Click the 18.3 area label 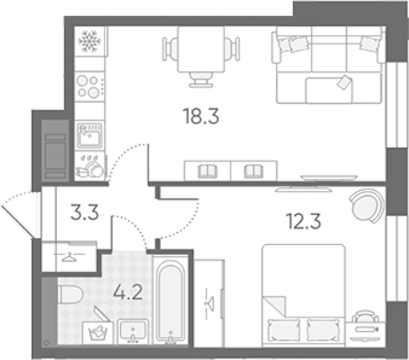tap(201, 116)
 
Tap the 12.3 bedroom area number tap(303, 221)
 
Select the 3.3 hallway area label tap(85, 212)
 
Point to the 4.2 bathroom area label tap(128, 292)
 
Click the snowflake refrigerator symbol tap(89, 41)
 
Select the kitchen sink tap(89, 135)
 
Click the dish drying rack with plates tap(89, 166)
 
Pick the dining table tap(201, 49)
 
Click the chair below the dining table tap(201, 80)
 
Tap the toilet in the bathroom tap(70, 295)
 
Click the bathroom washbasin tap(133, 331)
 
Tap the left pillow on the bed tap(283, 330)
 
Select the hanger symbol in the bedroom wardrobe tap(210, 304)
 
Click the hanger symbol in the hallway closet tap(69, 257)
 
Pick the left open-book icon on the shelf tap(207, 171)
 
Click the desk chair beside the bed tap(365, 316)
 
